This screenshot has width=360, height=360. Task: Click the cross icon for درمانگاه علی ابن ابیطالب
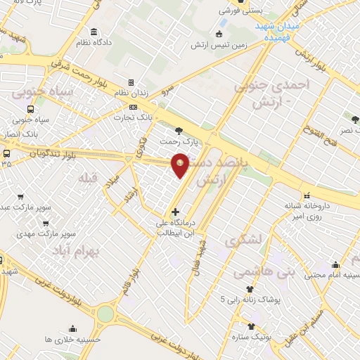click(175, 212)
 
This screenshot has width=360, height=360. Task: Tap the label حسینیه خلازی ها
click(72, 339)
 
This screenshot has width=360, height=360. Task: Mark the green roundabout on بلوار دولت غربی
click(105, 314)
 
